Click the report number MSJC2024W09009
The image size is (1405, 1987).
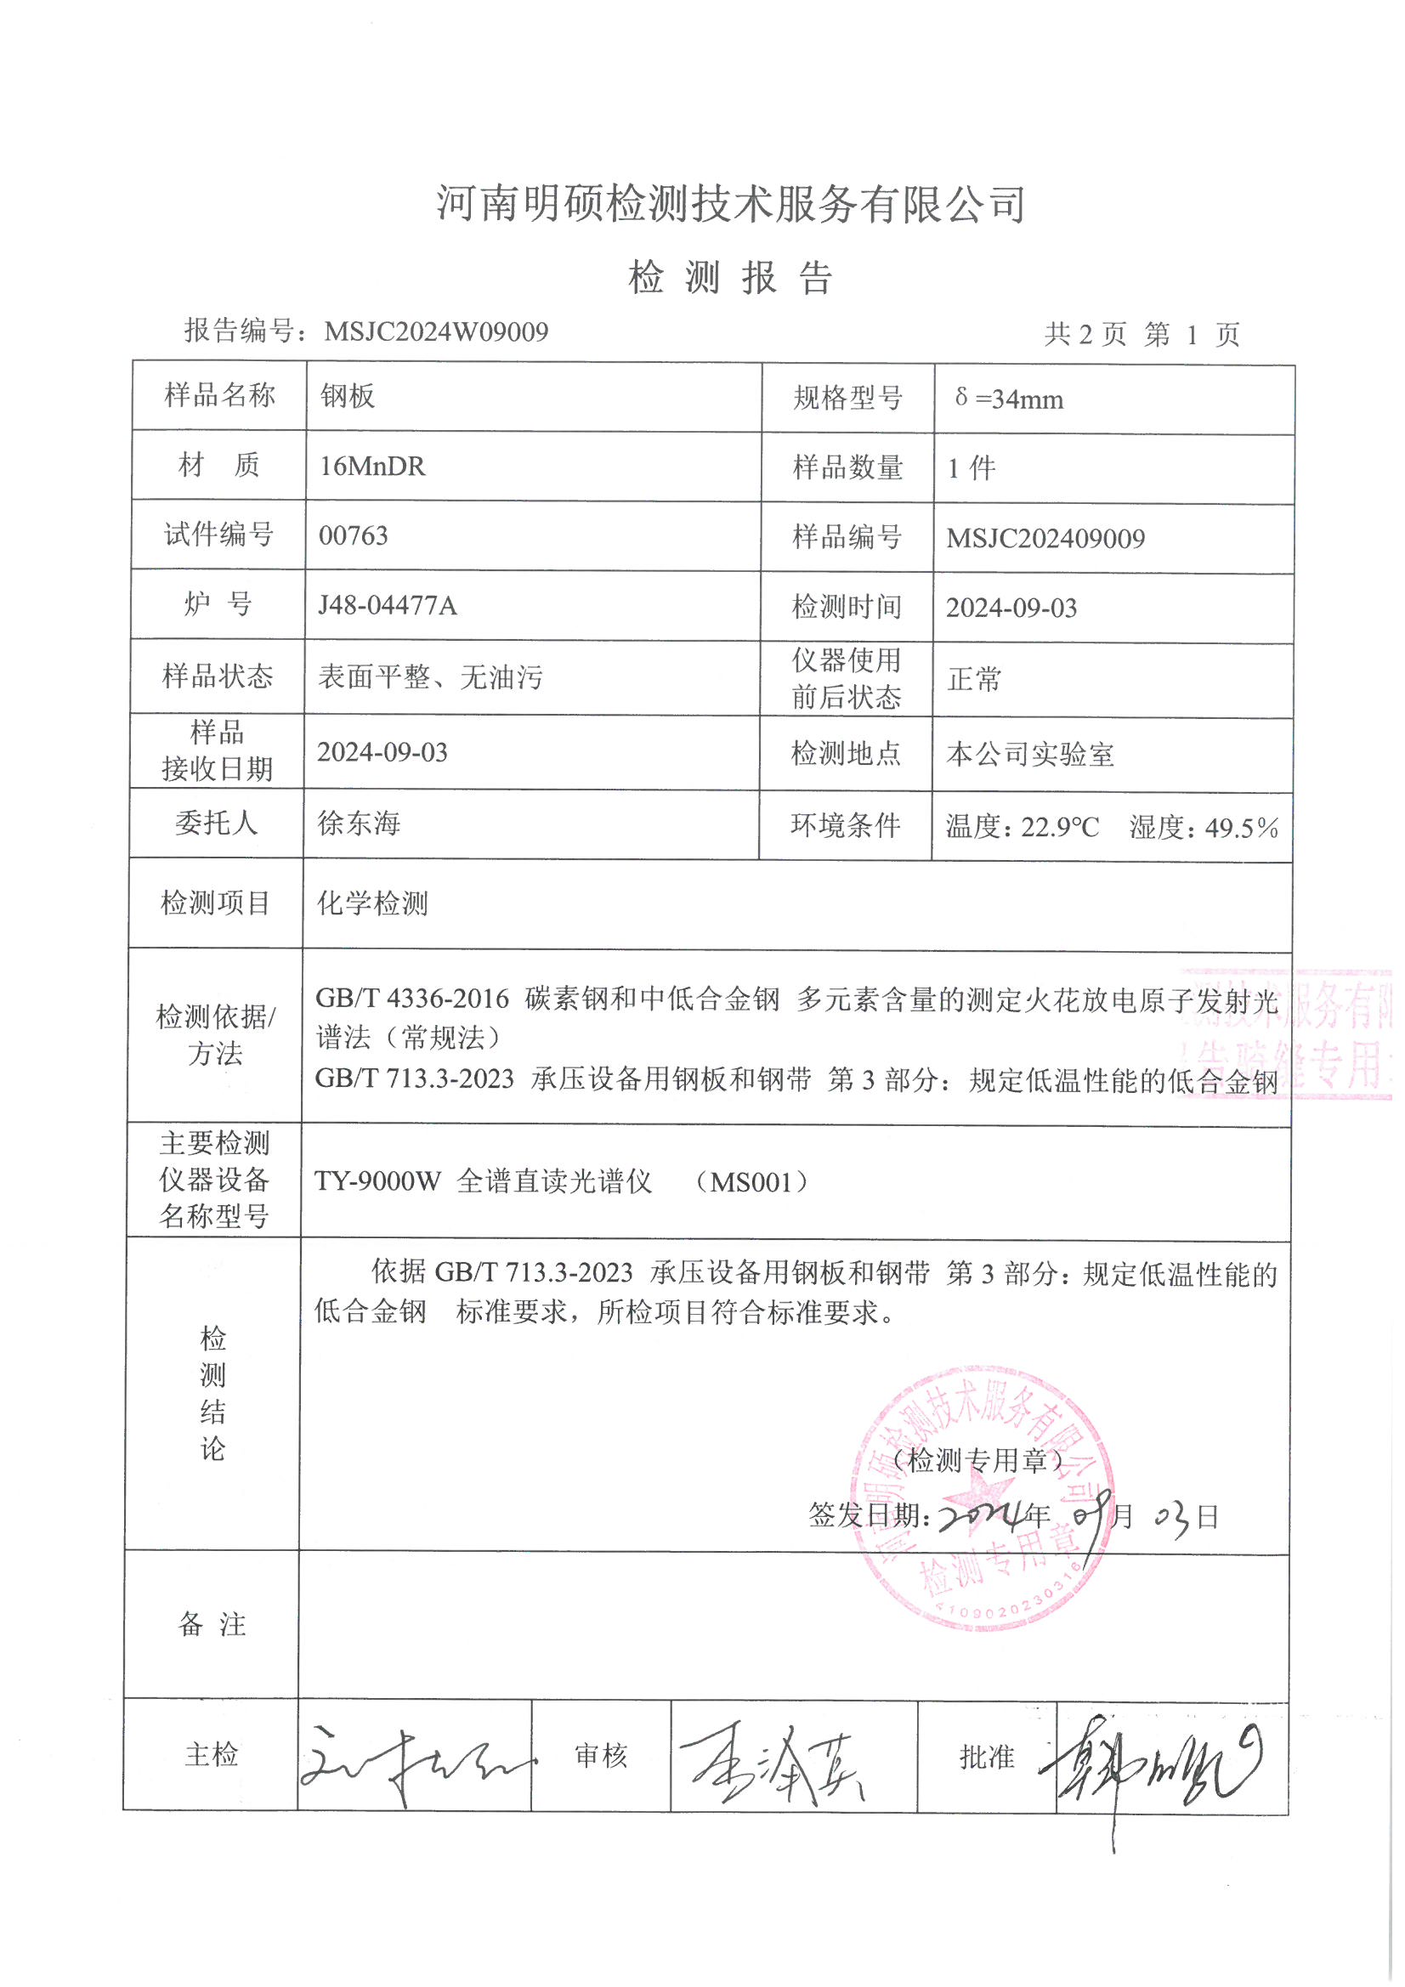click(x=435, y=331)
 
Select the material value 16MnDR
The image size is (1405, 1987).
click(x=372, y=467)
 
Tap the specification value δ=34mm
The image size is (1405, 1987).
click(x=1009, y=399)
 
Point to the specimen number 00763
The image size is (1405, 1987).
click(x=354, y=535)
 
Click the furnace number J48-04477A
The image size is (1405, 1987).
click(x=387, y=605)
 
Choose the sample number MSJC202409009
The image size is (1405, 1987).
click(x=1045, y=538)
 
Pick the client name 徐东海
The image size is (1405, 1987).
click(x=359, y=823)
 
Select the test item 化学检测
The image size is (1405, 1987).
click(x=372, y=903)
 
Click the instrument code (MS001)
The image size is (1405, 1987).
click(x=751, y=1182)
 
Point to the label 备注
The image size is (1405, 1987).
click(x=212, y=1624)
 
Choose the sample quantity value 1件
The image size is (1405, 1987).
click(x=972, y=469)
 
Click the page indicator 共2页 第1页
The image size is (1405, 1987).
click(x=1142, y=335)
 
